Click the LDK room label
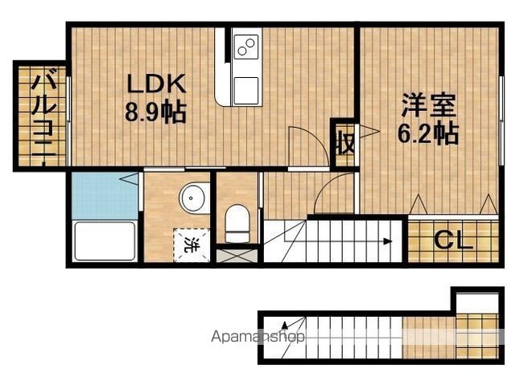(157, 84)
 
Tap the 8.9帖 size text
(155, 112)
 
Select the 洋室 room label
(428, 105)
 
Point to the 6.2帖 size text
(428, 133)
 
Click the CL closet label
(453, 240)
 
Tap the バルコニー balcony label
(43, 116)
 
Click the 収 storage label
(345, 143)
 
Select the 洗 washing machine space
(192, 245)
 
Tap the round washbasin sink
(192, 199)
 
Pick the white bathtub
(105, 241)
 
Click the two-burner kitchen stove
(246, 47)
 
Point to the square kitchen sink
(246, 91)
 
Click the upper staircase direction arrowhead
(388, 242)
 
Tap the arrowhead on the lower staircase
(284, 325)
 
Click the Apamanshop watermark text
(258, 336)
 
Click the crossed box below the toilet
(237, 256)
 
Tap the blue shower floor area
(105, 196)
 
